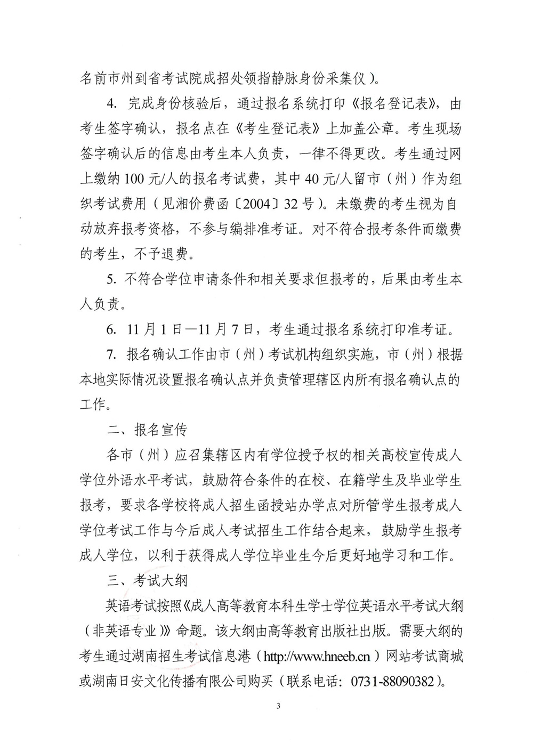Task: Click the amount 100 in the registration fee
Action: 135,179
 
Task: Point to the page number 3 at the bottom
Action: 278,706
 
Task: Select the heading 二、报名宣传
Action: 147,430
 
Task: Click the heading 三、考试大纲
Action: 147,580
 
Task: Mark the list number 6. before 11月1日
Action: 111,329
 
